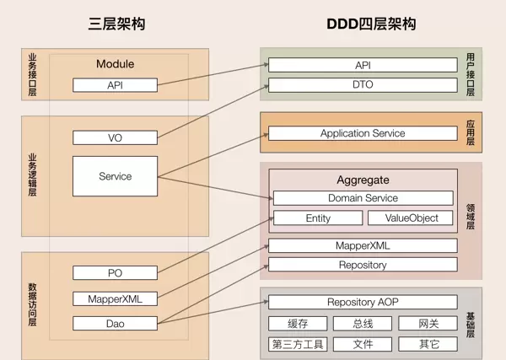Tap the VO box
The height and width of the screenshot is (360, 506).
click(115, 137)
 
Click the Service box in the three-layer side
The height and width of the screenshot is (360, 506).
click(115, 176)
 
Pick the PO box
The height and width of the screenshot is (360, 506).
click(115, 272)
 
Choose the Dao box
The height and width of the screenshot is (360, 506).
click(115, 323)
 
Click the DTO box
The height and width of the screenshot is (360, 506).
click(363, 84)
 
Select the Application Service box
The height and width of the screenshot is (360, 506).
click(363, 133)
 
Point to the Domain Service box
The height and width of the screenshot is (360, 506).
click(363, 198)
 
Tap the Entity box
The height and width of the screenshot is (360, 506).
click(318, 218)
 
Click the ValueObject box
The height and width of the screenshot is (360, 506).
click(412, 218)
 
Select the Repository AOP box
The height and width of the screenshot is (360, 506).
click(363, 302)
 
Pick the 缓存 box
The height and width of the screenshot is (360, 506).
click(299, 324)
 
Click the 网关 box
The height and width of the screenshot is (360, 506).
click(428, 324)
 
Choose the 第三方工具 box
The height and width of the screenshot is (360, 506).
click(299, 344)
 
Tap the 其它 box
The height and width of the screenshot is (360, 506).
click(428, 344)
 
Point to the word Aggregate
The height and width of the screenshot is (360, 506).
click(363, 180)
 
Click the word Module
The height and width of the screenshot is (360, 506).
click(115, 64)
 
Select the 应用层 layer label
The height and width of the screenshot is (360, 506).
click(471, 132)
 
